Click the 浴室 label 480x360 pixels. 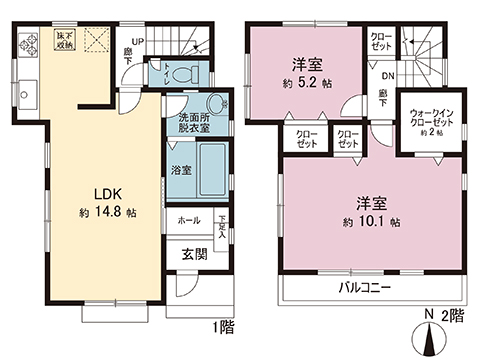181,169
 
